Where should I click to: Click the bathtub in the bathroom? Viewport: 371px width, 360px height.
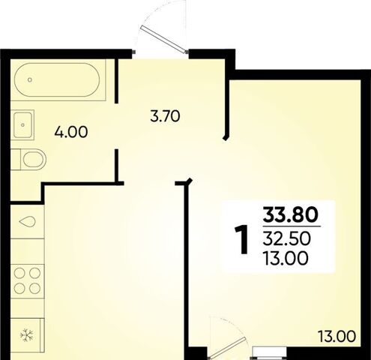pyautogui.click(x=57, y=79)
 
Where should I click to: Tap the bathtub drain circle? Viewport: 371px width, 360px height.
pyautogui.click(x=30, y=79)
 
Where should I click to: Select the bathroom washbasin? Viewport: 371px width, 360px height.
pyautogui.click(x=22, y=124)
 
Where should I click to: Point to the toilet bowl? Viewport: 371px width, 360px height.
pyautogui.click(x=34, y=159)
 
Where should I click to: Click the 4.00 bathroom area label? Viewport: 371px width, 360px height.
pyautogui.click(x=71, y=132)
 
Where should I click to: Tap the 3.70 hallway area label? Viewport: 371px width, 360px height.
pyautogui.click(x=165, y=116)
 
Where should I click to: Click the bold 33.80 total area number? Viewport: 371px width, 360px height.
pyautogui.click(x=291, y=215)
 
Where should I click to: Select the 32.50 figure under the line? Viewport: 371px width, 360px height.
pyautogui.click(x=286, y=238)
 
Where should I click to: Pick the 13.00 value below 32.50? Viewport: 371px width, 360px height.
pyautogui.click(x=286, y=258)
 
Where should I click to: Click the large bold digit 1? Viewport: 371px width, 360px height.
pyautogui.click(x=242, y=239)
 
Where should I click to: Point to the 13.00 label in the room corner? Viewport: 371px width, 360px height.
pyautogui.click(x=337, y=337)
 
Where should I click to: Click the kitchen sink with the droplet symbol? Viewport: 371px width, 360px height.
pyautogui.click(x=28, y=222)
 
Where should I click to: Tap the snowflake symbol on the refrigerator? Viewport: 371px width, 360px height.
pyautogui.click(x=27, y=335)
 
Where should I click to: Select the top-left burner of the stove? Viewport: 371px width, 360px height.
pyautogui.click(x=19, y=273)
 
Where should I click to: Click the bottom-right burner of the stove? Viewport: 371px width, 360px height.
pyautogui.click(x=34, y=289)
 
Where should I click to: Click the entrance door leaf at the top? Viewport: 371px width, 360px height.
pyautogui.click(x=164, y=39)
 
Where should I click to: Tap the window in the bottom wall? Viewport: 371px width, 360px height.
pyautogui.click(x=270, y=353)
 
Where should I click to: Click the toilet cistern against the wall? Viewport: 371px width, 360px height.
pyautogui.click(x=16, y=160)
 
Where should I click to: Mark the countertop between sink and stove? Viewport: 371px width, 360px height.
pyautogui.click(x=28, y=251)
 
